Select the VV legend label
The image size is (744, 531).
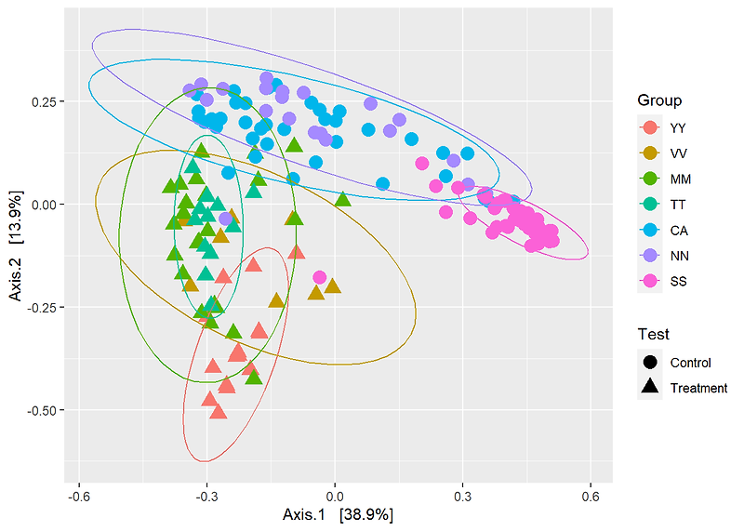[679, 153]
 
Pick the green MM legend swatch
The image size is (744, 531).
[649, 179]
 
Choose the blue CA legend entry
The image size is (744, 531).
[649, 230]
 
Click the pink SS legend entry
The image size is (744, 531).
[649, 281]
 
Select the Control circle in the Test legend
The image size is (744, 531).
[649, 362]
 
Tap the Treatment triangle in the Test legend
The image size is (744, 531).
[649, 387]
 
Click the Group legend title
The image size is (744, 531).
[659, 100]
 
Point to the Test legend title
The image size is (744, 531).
[654, 334]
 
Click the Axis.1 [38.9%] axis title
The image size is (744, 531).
[338, 513]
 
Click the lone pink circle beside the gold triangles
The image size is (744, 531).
[320, 277]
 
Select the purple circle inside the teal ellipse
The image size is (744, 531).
[226, 219]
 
